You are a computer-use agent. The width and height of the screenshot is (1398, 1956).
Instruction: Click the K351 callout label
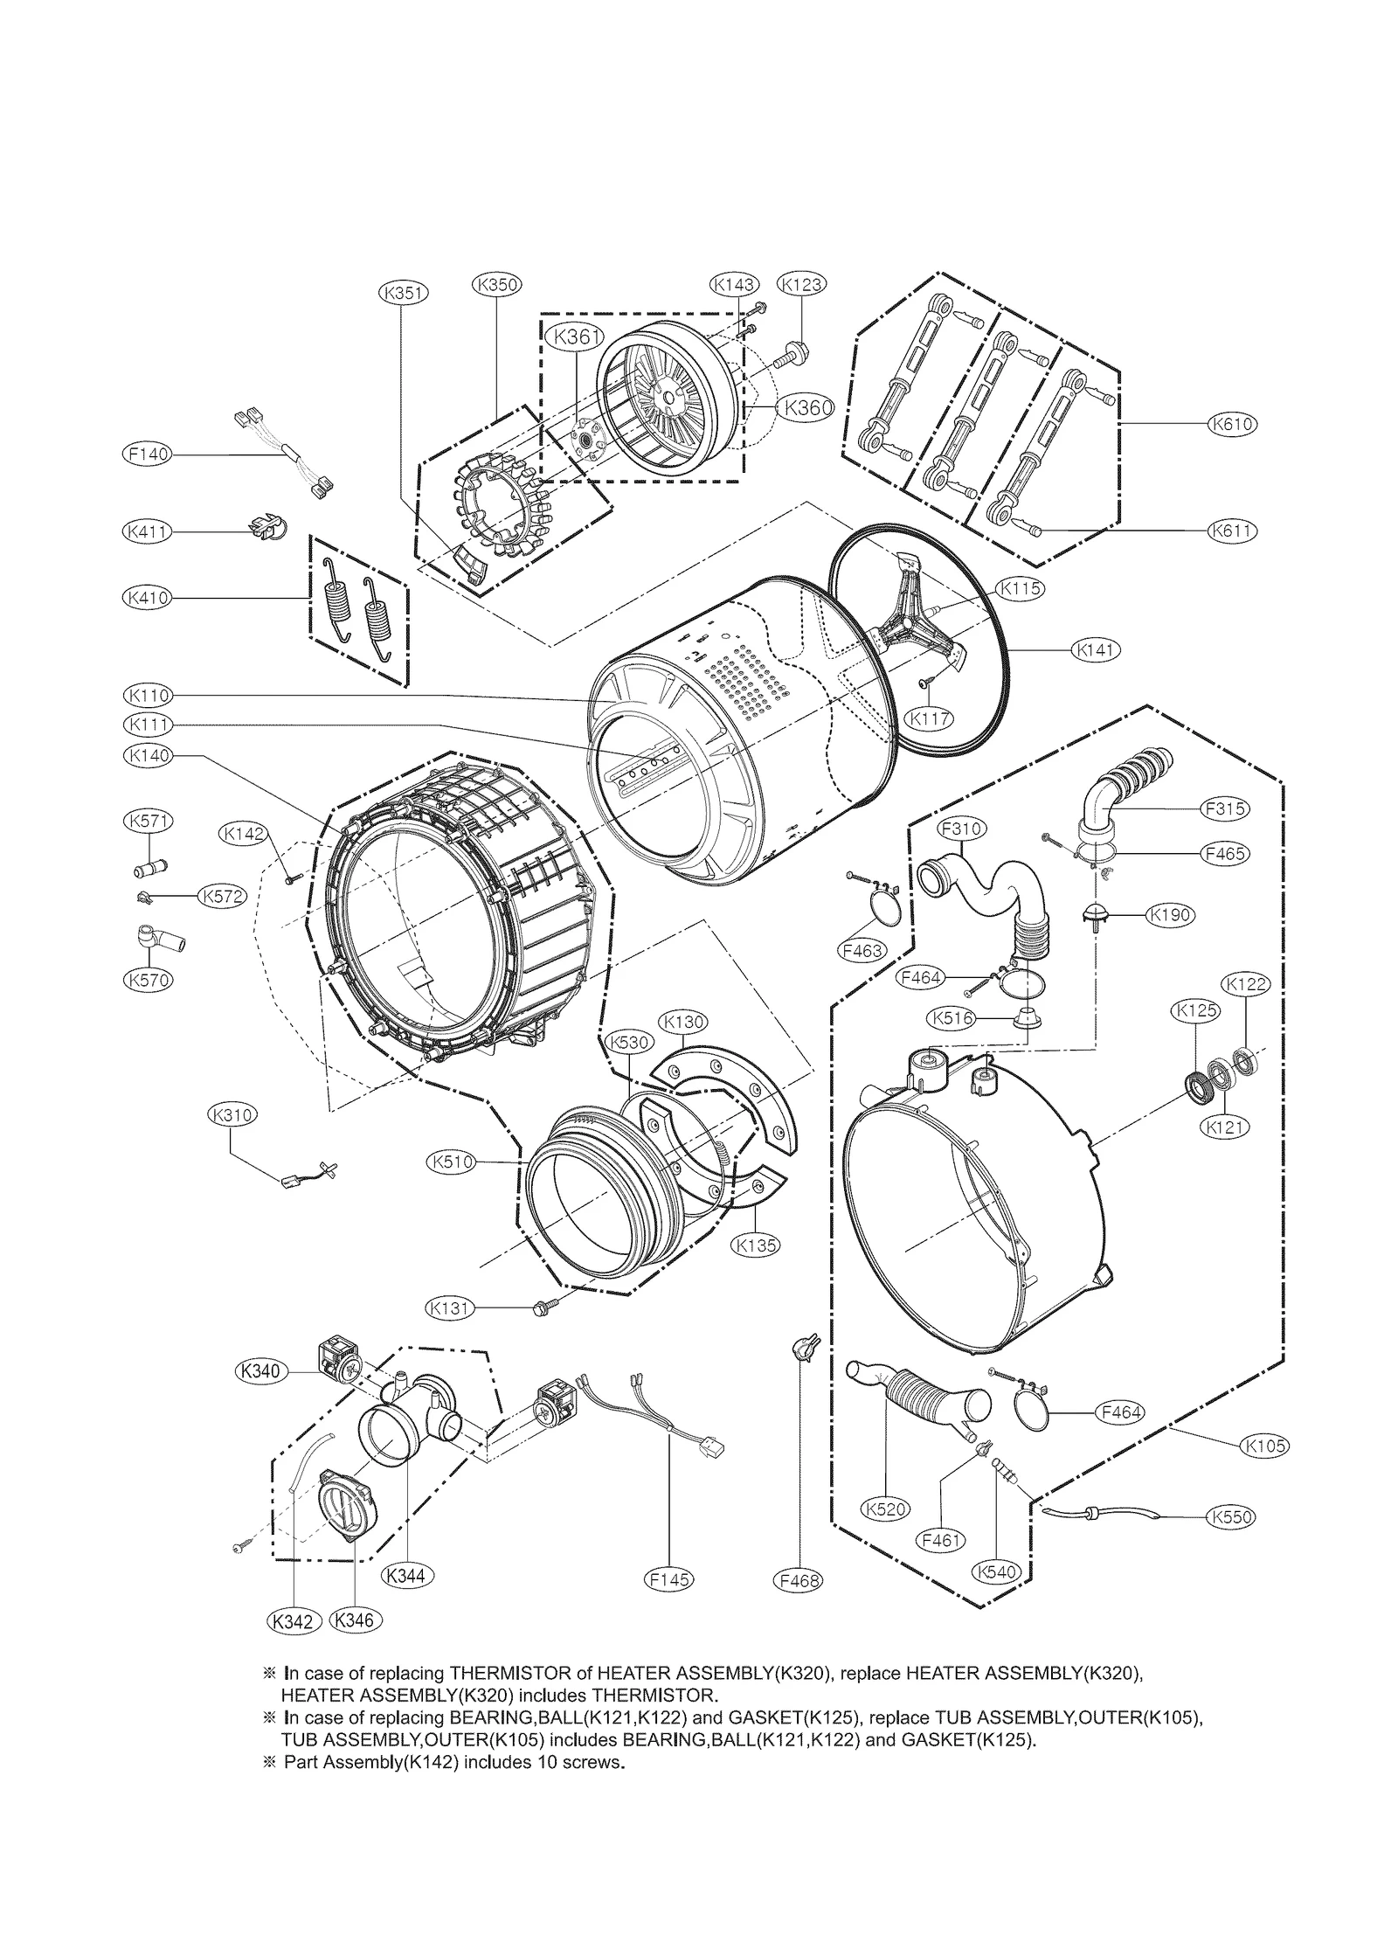click(x=403, y=294)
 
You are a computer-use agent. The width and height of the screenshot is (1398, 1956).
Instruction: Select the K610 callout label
click(x=1232, y=424)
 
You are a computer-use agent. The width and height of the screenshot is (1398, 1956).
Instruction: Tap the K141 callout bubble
click(x=1095, y=649)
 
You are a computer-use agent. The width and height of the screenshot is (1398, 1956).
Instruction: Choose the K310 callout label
click(x=232, y=1115)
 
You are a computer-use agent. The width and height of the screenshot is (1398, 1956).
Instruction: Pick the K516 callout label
click(x=953, y=1017)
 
